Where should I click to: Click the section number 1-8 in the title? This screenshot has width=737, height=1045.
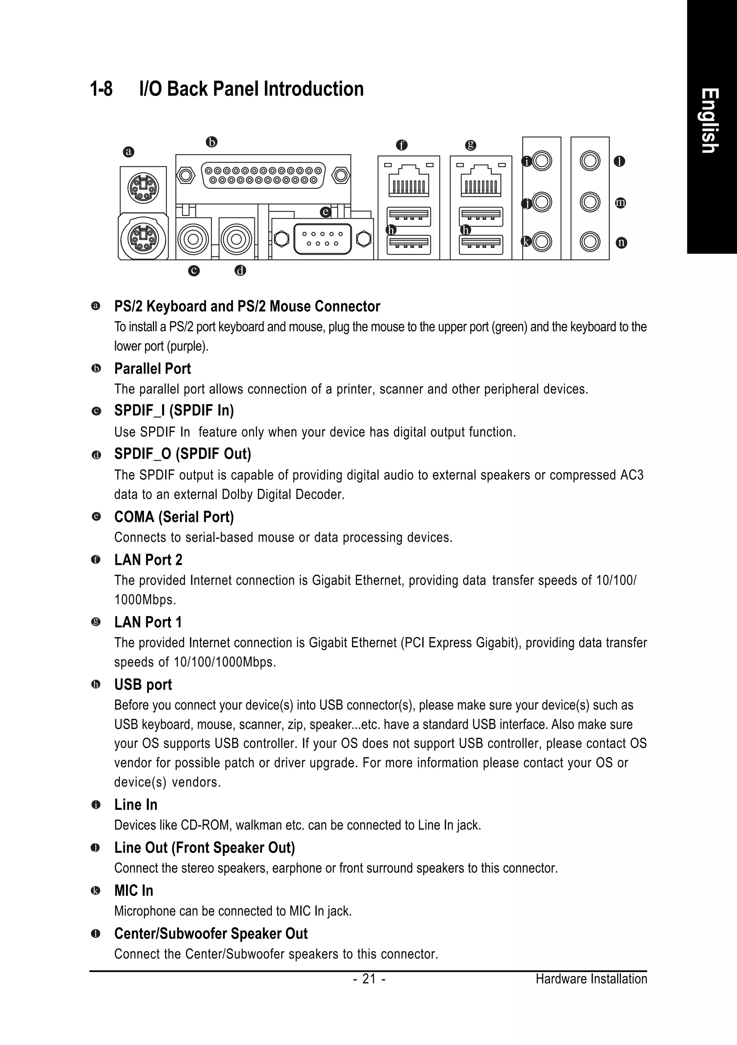(101, 89)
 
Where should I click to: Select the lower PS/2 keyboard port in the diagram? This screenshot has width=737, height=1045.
(143, 236)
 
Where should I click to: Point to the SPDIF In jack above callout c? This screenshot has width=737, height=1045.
(193, 238)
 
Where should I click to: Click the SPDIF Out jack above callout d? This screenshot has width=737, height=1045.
(236, 238)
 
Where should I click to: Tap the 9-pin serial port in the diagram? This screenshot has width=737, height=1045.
(322, 239)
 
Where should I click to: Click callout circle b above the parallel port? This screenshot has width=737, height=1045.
(211, 142)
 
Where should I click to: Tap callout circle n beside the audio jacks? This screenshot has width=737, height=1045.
(621, 243)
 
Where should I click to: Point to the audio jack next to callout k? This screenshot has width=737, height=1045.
(542, 241)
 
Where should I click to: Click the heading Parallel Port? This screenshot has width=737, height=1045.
(152, 369)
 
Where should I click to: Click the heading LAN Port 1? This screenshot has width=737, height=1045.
(148, 622)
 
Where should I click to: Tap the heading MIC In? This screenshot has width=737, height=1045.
(134, 891)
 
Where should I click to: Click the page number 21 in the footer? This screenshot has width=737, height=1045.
(369, 979)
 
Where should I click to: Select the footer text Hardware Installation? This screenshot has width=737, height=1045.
(591, 979)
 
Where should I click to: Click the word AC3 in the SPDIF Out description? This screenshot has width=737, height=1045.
(632, 475)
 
